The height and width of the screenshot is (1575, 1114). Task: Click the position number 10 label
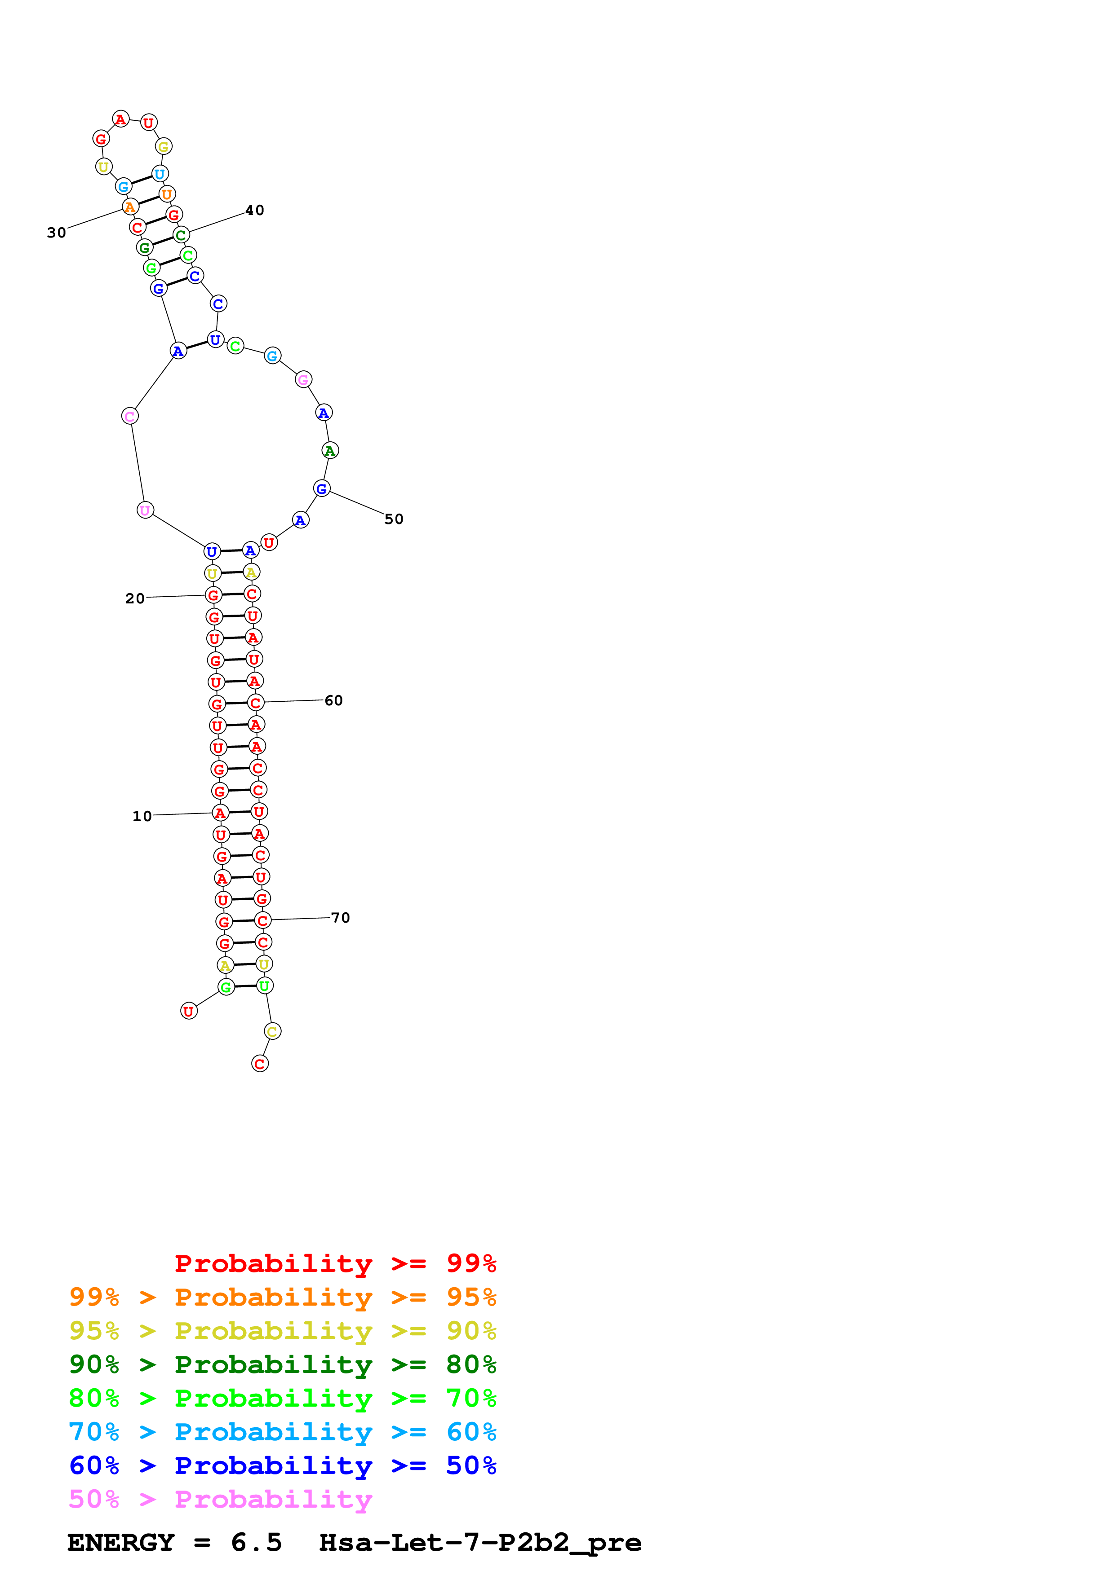[142, 816]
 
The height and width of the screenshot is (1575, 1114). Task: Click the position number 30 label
[56, 233]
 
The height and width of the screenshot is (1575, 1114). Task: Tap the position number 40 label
[255, 211]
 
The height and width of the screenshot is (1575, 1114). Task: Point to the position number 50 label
[393, 519]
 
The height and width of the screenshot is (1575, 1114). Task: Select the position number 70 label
[341, 918]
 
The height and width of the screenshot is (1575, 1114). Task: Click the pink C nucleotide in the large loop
[130, 416]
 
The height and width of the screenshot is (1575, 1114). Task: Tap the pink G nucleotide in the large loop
[303, 379]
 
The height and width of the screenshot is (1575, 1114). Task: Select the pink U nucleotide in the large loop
[145, 510]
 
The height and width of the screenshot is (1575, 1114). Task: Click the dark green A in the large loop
[330, 451]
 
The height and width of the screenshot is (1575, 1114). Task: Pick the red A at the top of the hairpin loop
[121, 119]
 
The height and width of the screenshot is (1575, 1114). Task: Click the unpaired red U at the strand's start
[189, 1011]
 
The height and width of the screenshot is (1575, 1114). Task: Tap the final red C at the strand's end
[259, 1064]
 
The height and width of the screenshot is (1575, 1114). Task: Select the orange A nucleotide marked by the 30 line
[130, 207]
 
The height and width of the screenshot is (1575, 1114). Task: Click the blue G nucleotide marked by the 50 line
[321, 489]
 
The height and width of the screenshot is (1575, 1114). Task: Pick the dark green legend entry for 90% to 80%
[282, 1364]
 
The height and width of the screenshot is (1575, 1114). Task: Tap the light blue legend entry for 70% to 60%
[282, 1432]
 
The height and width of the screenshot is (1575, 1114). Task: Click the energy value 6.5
[256, 1543]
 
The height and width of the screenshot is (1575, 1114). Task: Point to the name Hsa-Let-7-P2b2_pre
[480, 1543]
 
